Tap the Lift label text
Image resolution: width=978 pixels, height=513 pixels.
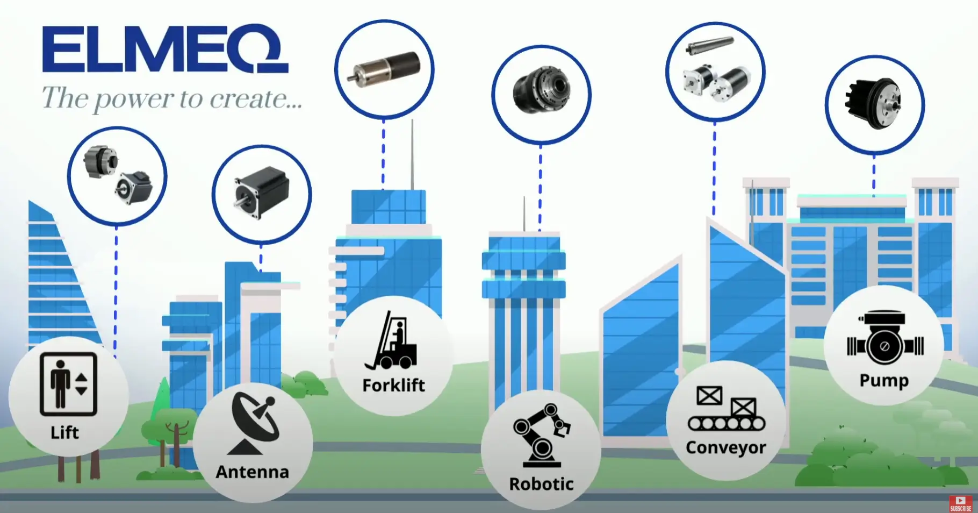click(64, 432)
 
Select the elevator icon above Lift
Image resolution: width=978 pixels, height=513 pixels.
click(68, 383)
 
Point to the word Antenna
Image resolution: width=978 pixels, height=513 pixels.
click(252, 472)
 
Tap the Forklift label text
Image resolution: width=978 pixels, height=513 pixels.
click(393, 386)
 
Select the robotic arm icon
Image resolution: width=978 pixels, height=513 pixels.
click(542, 434)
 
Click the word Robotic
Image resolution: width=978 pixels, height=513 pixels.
click(541, 484)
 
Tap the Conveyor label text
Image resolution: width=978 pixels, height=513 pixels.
click(725, 447)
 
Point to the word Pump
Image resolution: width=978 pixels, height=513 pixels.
click(884, 380)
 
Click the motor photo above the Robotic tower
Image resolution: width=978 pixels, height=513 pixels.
click(542, 91)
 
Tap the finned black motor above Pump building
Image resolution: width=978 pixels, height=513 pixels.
click(874, 103)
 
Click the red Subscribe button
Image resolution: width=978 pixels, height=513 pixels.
click(961, 504)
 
